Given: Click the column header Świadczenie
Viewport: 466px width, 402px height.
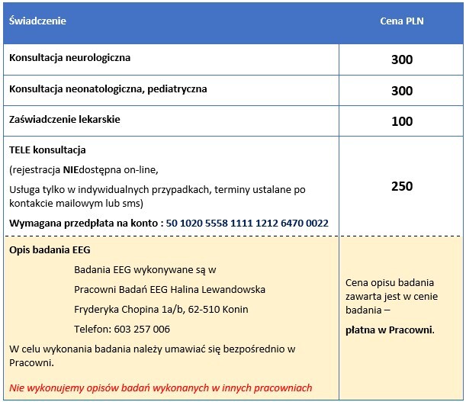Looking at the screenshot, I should [37, 21].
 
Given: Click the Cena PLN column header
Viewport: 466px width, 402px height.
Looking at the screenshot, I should [401, 21].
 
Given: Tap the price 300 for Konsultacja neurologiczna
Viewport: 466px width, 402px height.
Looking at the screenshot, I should [401, 60].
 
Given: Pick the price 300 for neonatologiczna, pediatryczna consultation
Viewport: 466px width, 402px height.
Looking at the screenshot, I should [401, 91].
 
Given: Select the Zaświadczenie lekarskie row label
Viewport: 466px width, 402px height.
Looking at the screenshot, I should [65, 120].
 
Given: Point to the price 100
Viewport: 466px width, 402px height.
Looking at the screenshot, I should [401, 121].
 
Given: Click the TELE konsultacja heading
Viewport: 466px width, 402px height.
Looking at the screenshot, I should [47, 150].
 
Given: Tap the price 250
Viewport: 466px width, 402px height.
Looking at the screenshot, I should [401, 186].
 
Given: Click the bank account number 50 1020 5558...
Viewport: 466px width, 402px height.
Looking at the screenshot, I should [247, 224].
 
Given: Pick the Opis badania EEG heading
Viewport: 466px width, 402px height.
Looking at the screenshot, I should [50, 250].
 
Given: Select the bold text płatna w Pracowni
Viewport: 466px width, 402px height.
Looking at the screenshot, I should [390, 330].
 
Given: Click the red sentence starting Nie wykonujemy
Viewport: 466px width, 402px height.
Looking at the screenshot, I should [160, 388].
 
